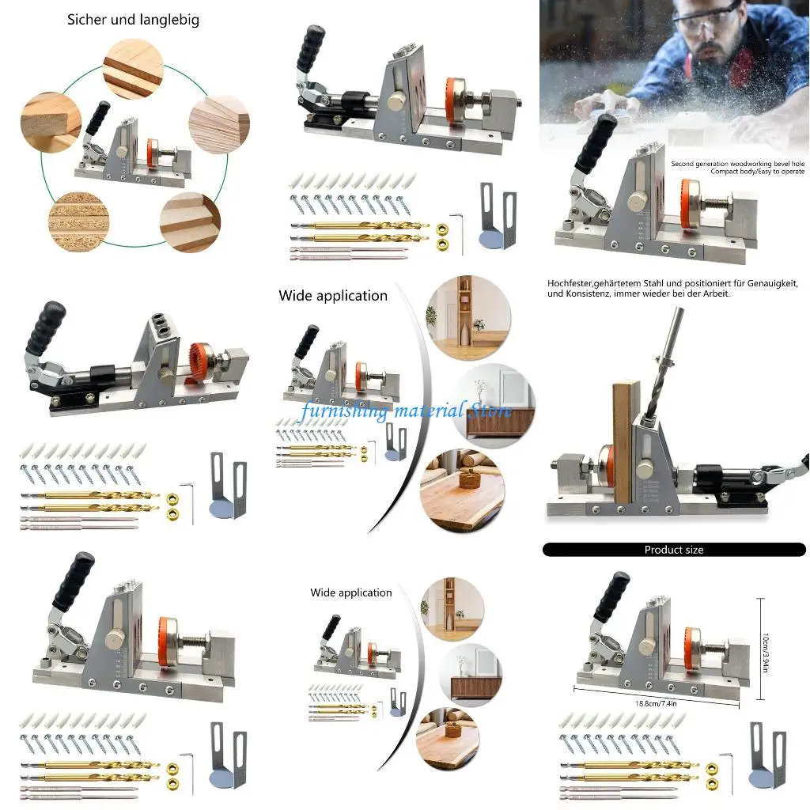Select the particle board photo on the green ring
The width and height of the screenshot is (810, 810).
tap(78, 218)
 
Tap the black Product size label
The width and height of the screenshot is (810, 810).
tap(674, 550)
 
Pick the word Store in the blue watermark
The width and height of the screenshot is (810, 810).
tap(490, 411)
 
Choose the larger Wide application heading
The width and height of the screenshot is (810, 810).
tap(333, 296)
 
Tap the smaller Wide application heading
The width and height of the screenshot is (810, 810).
tap(351, 592)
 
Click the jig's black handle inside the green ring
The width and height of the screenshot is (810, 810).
tap(99, 119)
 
